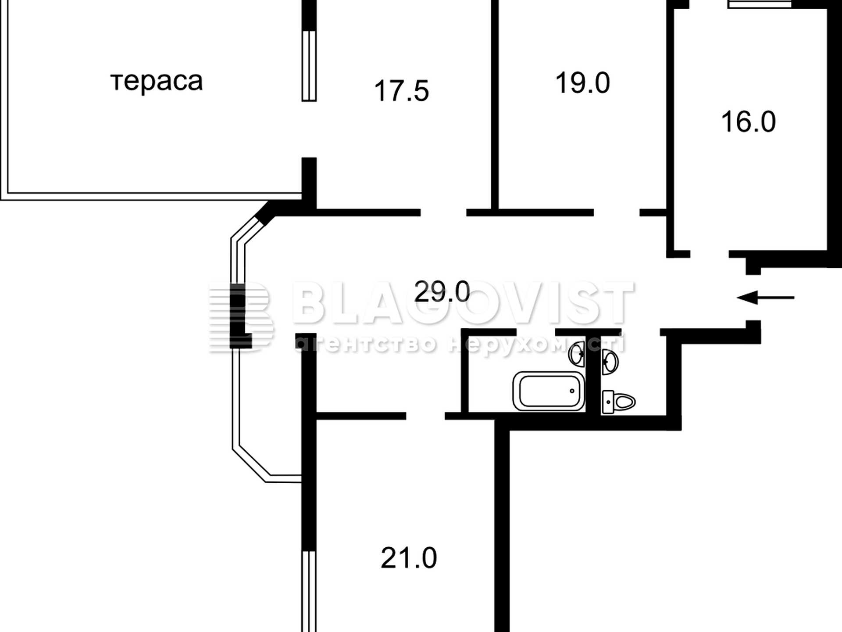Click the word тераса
157,82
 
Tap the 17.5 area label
401,91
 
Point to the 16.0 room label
748,122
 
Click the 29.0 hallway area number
442,291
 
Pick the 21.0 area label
409,558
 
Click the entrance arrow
766,298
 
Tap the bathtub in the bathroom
549,391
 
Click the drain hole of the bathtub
572,391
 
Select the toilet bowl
619,402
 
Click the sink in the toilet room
610,362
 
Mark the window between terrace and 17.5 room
309,66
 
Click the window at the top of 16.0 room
760,4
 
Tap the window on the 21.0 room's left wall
309,592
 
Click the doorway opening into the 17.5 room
443,213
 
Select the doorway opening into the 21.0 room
425,416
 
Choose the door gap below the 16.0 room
710,254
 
